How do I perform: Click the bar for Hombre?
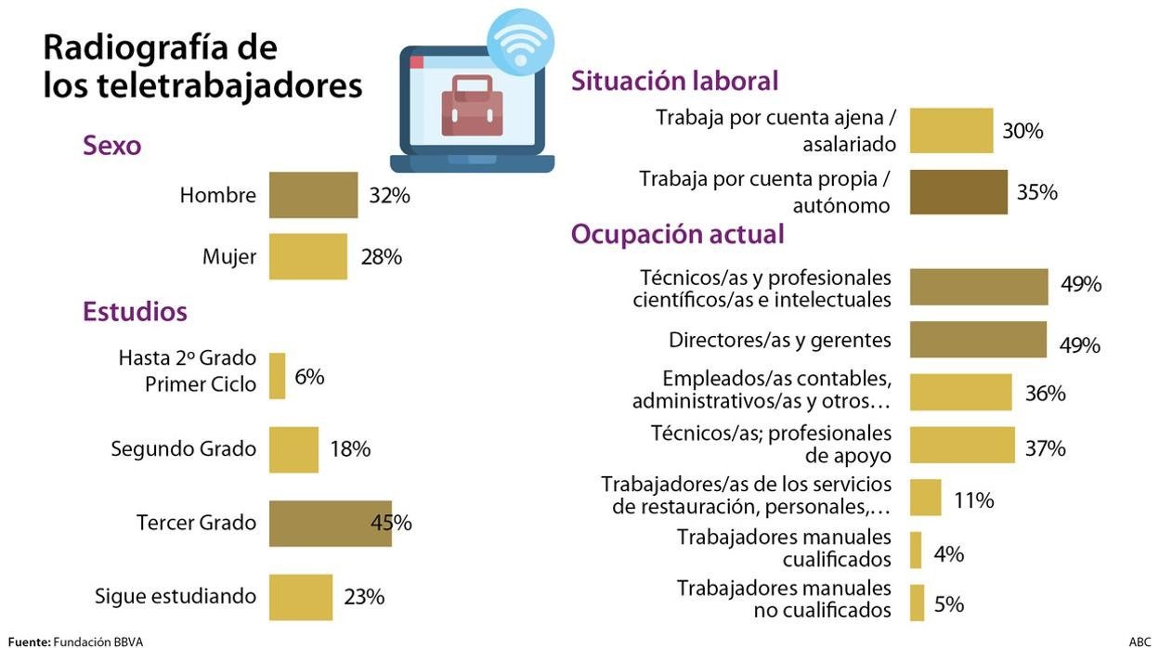[x=313, y=195]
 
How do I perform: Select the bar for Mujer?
[x=307, y=256]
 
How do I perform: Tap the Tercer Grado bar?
[x=330, y=523]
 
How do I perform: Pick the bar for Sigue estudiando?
[x=300, y=597]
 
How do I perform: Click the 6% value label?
[x=309, y=377]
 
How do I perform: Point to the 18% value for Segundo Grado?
[x=350, y=449]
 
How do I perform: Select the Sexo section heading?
[x=111, y=146]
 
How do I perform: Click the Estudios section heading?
[x=135, y=311]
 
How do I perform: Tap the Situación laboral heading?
[x=674, y=82]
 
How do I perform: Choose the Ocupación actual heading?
[x=677, y=234]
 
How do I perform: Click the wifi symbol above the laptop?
[x=520, y=42]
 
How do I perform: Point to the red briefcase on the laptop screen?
[x=472, y=105]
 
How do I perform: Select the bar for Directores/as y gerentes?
[x=978, y=340]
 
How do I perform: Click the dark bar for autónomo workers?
[x=958, y=192]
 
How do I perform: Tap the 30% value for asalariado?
[x=1022, y=131]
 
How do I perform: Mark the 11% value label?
[x=973, y=500]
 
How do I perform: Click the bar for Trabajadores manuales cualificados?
[x=916, y=550]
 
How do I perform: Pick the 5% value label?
[x=949, y=604]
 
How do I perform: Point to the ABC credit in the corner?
[x=1139, y=642]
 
